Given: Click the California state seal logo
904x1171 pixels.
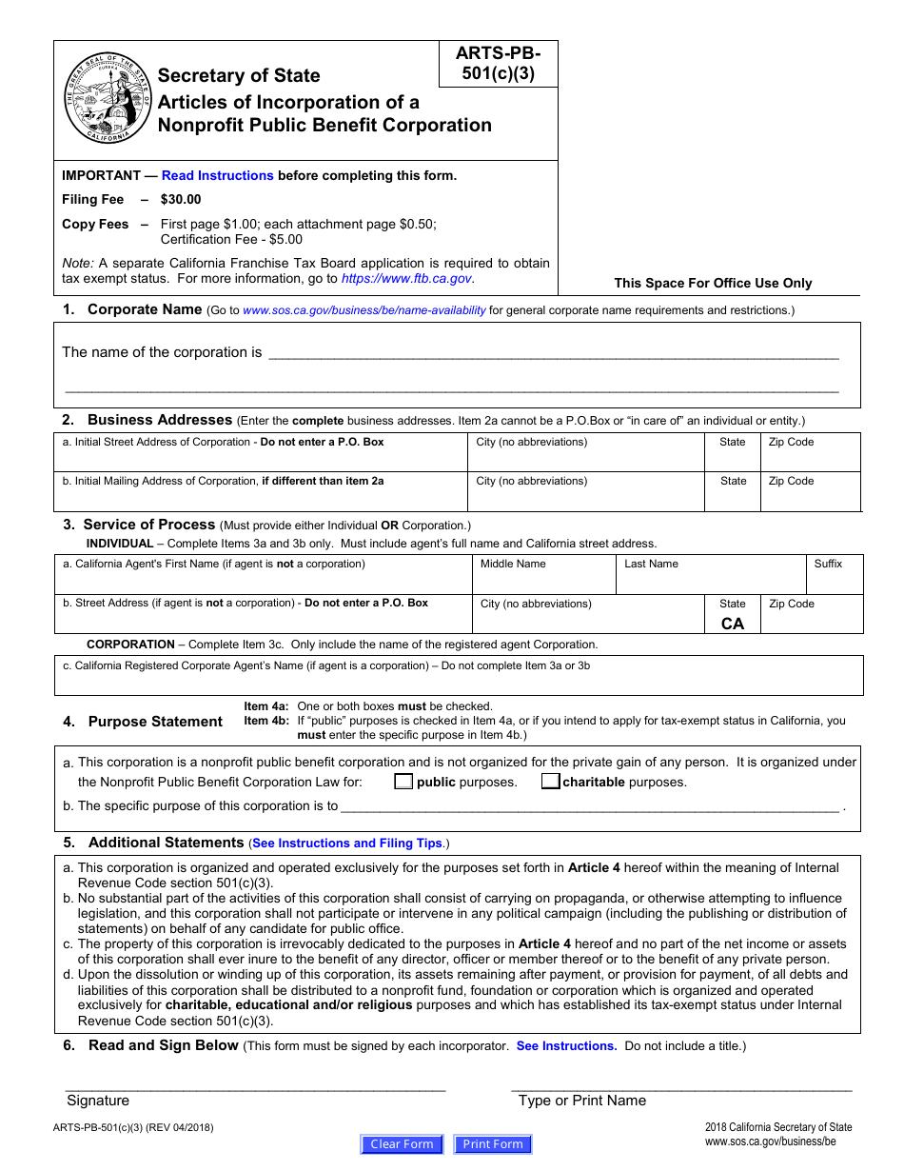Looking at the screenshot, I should (108, 99).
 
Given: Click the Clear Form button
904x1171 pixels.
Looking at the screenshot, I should (402, 1144).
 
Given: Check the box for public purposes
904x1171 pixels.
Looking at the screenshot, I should (403, 783).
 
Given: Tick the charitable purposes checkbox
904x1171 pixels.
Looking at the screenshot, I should (550, 783).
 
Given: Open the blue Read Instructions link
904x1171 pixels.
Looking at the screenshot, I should (217, 175).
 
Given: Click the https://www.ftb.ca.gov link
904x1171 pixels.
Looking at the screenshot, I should (406, 279).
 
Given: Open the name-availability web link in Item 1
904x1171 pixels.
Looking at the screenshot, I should (364, 310).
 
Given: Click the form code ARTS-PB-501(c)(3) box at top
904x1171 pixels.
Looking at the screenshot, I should (500, 65).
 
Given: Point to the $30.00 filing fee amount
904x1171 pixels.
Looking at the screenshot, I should (181, 200).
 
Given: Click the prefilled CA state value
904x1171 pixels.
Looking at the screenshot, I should (733, 625).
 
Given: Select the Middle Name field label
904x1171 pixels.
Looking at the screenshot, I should (513, 564).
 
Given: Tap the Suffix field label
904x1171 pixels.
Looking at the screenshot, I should (828, 564).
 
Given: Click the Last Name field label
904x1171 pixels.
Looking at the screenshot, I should (651, 564).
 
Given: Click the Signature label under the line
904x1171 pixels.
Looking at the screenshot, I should (98, 1101).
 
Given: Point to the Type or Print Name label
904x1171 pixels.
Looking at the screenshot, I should (581, 1101).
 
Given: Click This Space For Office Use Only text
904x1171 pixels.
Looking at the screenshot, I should (713, 283).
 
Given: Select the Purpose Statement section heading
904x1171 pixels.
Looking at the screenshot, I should (155, 722).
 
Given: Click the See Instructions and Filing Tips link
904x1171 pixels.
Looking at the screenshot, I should (347, 844).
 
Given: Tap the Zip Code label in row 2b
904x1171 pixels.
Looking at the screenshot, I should (791, 481).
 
